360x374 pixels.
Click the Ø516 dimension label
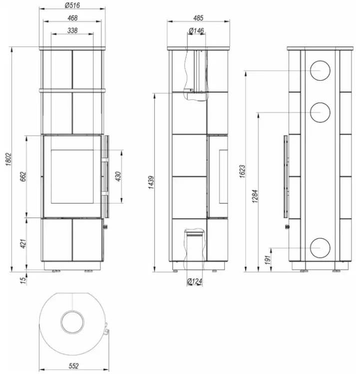pos(72,5)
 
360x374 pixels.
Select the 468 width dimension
pos(72,18)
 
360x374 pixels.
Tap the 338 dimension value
pos(72,30)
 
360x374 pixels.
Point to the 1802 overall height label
pos(8,160)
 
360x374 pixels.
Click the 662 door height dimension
pos(23,177)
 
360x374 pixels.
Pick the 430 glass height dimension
pos(118,177)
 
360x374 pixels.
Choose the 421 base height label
pos(23,244)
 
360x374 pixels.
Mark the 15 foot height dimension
pos(23,280)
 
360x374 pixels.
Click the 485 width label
pos(198,18)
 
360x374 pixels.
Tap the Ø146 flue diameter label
pos(196,30)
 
